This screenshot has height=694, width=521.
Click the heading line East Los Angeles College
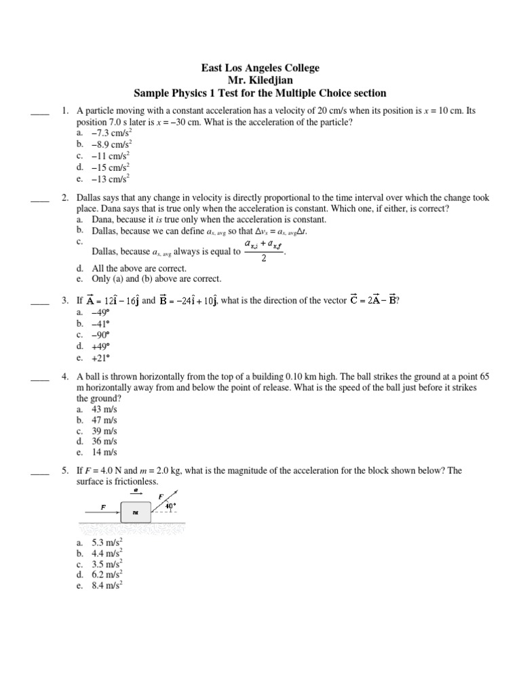pos(260,68)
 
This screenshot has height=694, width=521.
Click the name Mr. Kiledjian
pos(260,81)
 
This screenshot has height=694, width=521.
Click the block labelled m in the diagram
pos(135,512)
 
